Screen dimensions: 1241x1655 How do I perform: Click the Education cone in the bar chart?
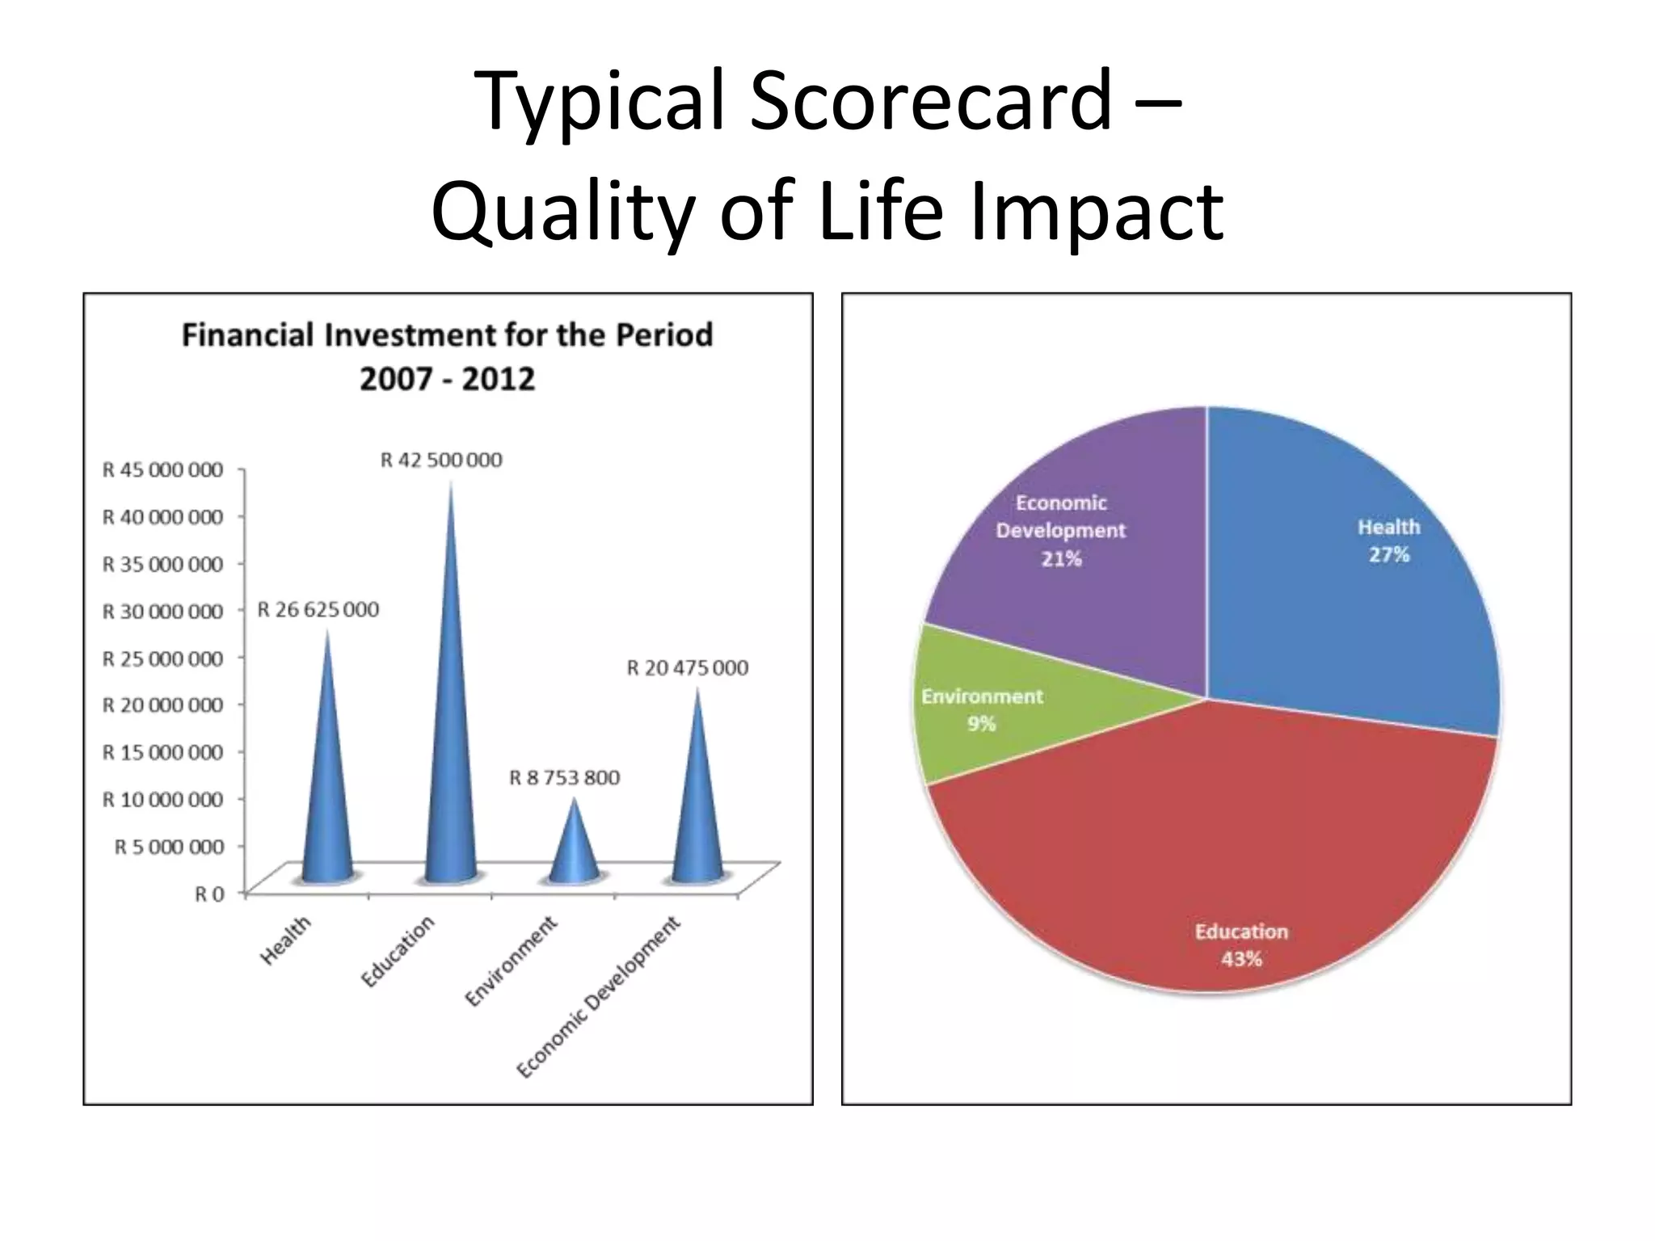coord(450,727)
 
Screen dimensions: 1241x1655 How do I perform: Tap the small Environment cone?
coord(574,848)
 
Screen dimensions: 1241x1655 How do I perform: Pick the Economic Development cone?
coord(697,808)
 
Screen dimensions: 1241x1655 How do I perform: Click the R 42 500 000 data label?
coord(441,460)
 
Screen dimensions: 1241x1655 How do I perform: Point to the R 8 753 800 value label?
coord(564,777)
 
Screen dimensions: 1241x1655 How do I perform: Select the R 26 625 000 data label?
coord(318,609)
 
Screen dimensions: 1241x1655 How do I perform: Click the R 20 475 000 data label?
coord(688,667)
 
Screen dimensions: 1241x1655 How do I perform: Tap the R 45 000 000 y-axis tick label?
coord(162,469)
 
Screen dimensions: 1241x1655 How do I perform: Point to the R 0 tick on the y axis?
coord(209,894)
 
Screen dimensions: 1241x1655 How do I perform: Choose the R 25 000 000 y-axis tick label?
coord(162,658)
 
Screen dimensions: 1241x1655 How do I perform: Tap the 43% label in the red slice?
coord(1241,959)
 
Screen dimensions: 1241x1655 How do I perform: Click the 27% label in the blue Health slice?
coord(1388,554)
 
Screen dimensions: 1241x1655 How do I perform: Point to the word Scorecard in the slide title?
coord(929,100)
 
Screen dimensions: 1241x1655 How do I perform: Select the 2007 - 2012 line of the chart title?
coord(447,379)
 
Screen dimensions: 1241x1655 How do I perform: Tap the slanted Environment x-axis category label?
coord(511,961)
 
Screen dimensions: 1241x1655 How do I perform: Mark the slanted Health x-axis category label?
coord(285,941)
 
